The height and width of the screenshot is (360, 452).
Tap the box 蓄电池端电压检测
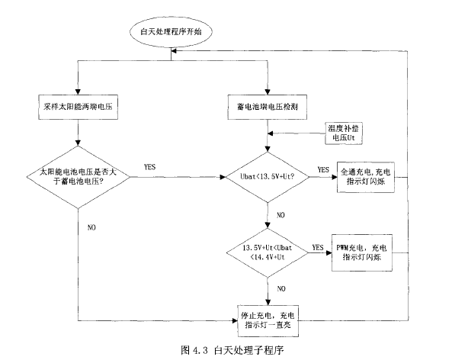(x=268, y=103)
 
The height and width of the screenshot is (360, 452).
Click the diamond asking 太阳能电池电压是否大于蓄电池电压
(x=79, y=177)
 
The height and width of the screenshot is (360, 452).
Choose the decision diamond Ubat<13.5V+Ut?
(x=267, y=177)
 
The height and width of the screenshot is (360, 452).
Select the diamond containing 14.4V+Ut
(x=268, y=252)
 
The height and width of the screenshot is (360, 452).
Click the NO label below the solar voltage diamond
(x=92, y=227)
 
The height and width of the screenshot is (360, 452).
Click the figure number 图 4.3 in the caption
(x=197, y=351)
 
